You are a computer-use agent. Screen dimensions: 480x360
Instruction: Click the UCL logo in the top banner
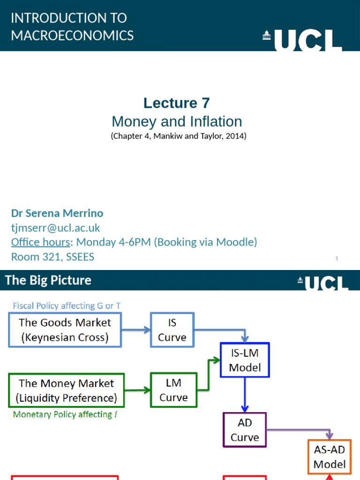click(302, 39)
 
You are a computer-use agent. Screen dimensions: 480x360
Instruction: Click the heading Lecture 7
click(177, 103)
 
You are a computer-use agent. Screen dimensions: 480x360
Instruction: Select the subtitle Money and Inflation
click(177, 121)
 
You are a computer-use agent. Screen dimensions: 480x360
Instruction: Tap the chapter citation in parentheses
click(178, 136)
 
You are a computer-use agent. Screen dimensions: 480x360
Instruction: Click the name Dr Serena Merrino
click(57, 213)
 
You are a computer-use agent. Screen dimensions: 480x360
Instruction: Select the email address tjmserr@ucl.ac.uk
click(55, 228)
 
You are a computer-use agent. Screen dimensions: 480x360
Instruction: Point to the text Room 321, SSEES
click(52, 257)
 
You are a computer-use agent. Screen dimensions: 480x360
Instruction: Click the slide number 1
click(337, 258)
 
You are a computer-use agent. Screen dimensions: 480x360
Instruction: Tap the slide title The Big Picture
click(48, 280)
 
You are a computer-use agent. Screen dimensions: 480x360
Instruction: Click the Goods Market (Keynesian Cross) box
click(65, 330)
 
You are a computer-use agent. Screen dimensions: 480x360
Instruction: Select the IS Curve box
click(172, 330)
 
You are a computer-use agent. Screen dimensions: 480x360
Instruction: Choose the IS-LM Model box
click(245, 360)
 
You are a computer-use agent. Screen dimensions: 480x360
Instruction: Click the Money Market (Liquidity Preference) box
click(66, 390)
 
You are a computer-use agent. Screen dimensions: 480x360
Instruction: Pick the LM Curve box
click(173, 390)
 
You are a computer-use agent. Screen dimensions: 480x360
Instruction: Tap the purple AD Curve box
click(245, 430)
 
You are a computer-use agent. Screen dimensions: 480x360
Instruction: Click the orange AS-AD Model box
click(329, 457)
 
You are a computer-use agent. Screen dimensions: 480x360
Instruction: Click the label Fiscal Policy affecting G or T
click(67, 306)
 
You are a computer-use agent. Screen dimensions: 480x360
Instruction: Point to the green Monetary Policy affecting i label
click(65, 414)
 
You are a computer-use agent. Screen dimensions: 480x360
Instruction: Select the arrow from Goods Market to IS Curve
click(136, 330)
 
